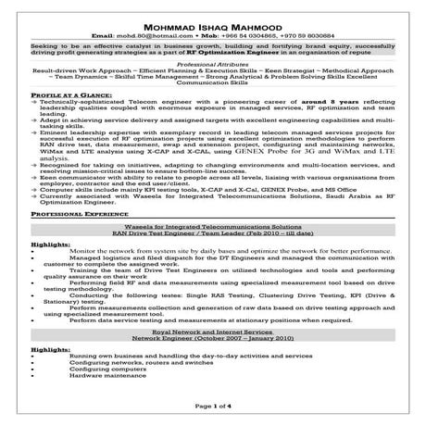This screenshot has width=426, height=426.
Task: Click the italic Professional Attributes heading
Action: click(x=213, y=61)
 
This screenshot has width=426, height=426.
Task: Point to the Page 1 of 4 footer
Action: click(x=213, y=406)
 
